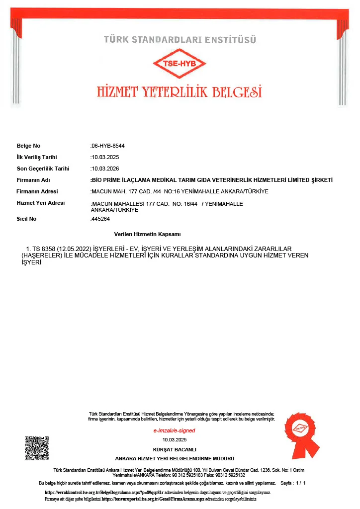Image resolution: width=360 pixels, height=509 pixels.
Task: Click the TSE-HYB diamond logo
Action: click(x=179, y=64)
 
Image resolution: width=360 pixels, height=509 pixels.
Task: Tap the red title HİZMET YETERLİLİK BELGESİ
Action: click(x=179, y=92)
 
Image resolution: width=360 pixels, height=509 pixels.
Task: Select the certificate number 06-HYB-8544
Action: click(x=108, y=146)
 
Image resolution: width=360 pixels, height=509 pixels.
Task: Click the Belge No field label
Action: click(x=28, y=146)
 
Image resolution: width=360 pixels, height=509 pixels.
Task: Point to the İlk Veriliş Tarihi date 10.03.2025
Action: click(x=105, y=157)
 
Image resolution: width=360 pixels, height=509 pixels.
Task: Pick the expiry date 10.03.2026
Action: click(x=105, y=169)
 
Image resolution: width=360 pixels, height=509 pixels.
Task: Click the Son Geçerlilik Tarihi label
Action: click(x=43, y=169)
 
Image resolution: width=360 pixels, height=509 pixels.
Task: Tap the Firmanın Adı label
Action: click(x=33, y=180)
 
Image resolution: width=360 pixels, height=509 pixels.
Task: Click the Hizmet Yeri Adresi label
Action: click(x=40, y=203)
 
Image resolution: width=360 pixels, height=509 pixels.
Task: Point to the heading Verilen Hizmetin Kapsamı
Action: click(x=148, y=234)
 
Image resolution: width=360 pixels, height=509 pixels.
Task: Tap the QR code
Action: click(x=37, y=448)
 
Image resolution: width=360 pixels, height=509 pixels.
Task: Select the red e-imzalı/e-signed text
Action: click(x=174, y=430)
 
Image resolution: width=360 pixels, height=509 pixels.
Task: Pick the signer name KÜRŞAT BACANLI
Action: click(x=175, y=449)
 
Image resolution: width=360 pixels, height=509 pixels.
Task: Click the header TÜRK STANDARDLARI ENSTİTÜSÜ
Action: click(x=180, y=39)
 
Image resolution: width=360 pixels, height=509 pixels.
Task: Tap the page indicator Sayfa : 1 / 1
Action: click(x=293, y=483)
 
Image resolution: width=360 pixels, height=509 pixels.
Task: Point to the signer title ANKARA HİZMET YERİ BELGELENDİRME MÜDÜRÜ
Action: click(x=175, y=458)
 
